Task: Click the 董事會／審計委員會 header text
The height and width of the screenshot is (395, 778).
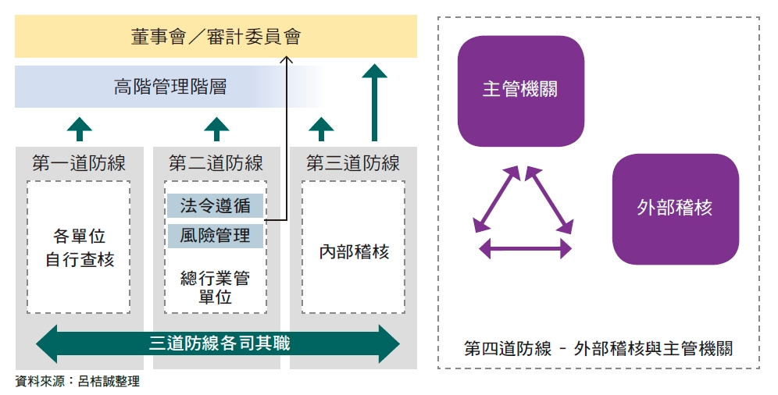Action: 216,37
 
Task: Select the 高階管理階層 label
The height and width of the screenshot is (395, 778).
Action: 170,87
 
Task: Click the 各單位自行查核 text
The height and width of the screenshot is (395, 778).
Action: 80,247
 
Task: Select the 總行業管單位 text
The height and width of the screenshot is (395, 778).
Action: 216,287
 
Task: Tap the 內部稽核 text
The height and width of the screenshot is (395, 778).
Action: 354,251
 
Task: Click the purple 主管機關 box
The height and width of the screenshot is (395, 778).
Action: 520,91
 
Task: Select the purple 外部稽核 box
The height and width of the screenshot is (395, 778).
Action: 675,208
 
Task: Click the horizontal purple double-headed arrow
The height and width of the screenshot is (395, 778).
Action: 525,249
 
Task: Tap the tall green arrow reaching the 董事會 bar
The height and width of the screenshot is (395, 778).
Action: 375,101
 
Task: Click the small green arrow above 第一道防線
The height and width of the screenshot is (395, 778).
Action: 79,128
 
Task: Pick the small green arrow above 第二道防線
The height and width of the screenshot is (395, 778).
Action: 216,128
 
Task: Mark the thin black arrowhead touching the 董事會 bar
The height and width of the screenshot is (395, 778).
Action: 287,62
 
